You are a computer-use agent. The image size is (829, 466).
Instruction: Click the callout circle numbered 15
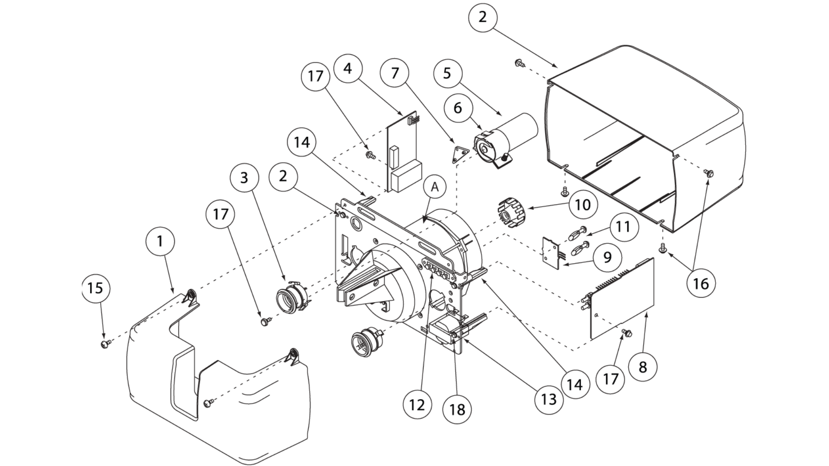pos(95,288)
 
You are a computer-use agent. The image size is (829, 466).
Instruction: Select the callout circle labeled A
pos(435,187)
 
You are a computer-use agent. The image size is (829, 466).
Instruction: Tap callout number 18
pos(457,409)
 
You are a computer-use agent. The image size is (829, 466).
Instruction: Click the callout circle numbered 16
pos(700,283)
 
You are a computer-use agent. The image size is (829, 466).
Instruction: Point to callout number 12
pos(417,404)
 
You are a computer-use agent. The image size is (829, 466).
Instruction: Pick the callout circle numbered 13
pos(548,399)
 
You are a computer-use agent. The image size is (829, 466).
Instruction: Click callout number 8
pos(642,367)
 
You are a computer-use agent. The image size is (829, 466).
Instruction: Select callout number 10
pos(583,205)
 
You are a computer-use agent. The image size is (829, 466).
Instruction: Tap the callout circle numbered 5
pos(447,73)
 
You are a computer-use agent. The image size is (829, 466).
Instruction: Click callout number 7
pos(395,73)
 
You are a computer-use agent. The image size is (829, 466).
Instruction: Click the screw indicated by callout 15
pos(105,344)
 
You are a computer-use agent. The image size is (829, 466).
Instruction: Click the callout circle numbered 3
pos(244,177)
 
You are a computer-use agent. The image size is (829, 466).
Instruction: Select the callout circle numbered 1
pos(160,241)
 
